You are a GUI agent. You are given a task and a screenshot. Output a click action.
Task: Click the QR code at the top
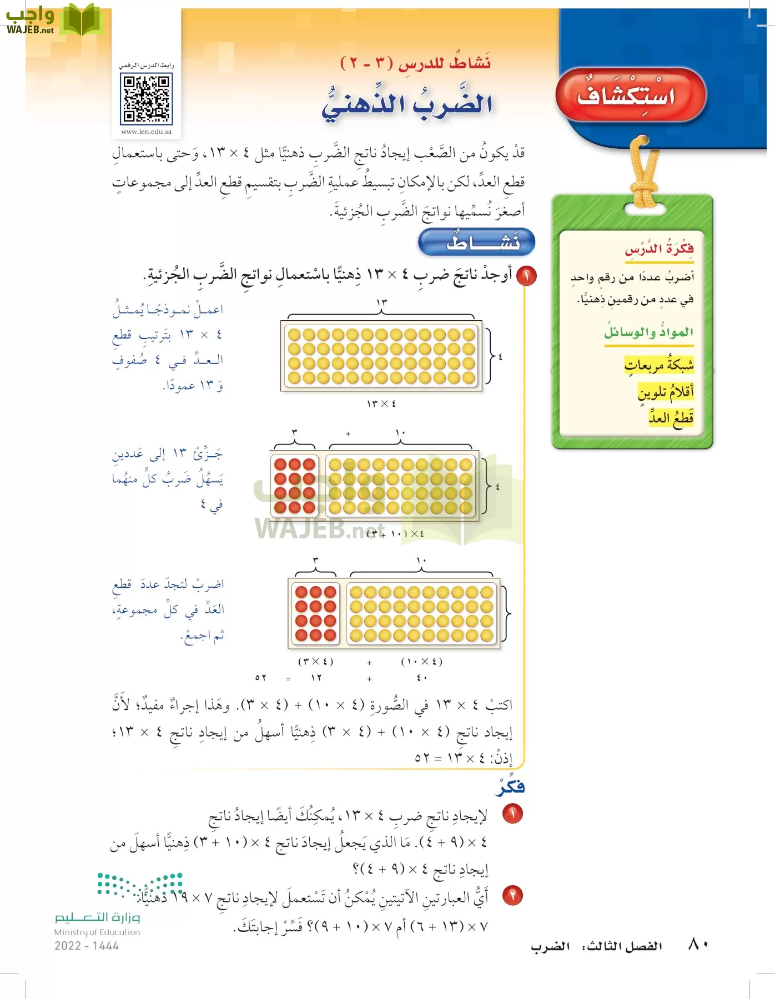tap(147, 99)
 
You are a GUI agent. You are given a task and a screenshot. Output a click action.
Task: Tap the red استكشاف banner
tap(630, 95)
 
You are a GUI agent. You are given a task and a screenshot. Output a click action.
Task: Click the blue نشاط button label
tap(476, 242)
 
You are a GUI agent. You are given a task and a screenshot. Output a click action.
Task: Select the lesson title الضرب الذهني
tap(407, 104)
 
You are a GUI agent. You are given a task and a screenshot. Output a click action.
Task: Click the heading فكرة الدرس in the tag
tap(659, 249)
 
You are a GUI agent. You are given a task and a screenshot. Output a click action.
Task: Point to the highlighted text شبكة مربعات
tap(659, 365)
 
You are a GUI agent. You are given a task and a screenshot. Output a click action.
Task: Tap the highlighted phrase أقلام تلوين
tap(666, 392)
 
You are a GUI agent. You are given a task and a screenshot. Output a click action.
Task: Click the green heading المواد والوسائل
tap(648, 332)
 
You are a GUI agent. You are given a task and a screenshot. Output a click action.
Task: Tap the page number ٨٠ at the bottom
tap(698, 944)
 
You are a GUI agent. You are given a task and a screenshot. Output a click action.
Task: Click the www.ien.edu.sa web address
tap(147, 132)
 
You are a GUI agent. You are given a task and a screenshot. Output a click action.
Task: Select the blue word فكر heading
tap(510, 787)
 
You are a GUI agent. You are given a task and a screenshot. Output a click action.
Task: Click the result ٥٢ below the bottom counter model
tap(261, 678)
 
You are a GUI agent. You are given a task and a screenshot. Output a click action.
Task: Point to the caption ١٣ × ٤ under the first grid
tap(381, 403)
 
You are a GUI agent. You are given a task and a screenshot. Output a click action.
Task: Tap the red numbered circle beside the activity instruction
tap(526, 276)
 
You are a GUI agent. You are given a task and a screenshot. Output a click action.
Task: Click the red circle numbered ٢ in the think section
tap(512, 895)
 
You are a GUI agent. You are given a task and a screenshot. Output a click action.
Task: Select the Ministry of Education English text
tap(97, 932)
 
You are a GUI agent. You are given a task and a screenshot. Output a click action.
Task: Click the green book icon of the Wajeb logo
tap(81, 19)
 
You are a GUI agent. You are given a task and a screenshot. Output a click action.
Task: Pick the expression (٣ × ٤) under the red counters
tap(316, 662)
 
